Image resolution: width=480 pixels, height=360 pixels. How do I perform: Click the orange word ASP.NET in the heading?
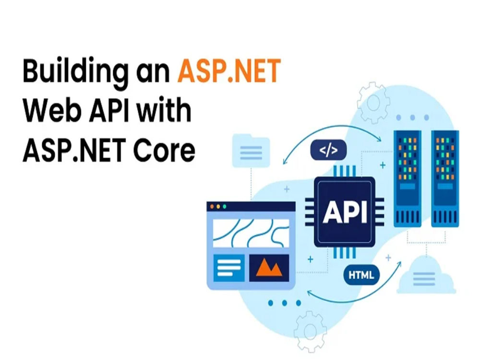229,71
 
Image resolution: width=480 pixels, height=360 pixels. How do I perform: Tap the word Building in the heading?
75,73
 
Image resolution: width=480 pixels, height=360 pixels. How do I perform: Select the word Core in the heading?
164,150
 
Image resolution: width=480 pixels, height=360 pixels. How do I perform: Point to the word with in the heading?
164,109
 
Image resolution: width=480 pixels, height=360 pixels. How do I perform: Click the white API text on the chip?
345,212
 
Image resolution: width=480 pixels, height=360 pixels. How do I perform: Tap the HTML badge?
361,275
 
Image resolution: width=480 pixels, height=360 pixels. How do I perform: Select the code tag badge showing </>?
328,150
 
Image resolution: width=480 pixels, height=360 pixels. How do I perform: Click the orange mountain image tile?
269,268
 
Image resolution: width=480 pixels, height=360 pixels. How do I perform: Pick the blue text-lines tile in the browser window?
229,268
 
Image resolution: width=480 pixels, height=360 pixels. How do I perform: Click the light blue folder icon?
251,151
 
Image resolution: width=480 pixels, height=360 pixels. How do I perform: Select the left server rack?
408,179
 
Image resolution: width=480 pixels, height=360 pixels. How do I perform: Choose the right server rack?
445,179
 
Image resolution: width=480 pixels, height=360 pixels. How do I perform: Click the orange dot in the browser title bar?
212,206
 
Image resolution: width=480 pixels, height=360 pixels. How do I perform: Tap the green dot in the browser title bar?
224,206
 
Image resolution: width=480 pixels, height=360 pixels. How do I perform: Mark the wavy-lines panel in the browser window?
251,233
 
